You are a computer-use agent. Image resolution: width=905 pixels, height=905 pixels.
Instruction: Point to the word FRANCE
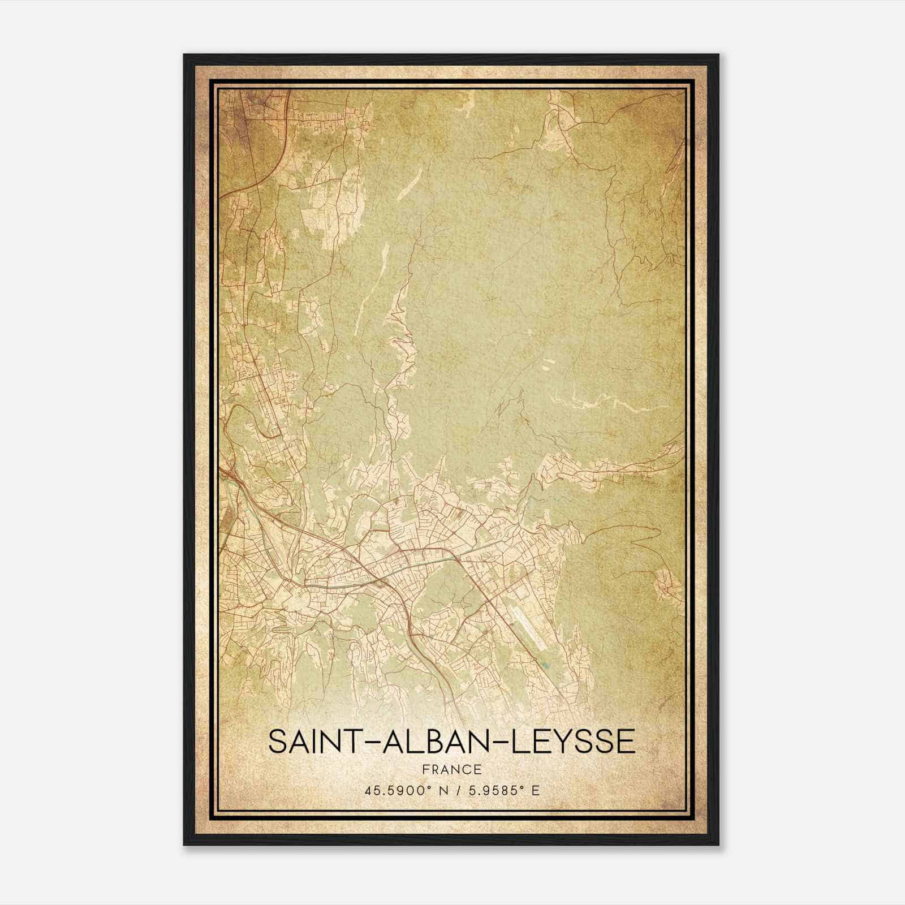coord(452,770)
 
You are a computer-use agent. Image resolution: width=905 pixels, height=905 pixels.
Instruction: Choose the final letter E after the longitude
coord(536,790)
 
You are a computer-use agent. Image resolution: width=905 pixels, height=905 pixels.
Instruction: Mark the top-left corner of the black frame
coord(184,55)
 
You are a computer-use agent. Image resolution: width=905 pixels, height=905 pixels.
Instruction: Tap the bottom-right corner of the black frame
coord(718,844)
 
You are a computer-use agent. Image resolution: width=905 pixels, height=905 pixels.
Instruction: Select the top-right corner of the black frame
coord(718,55)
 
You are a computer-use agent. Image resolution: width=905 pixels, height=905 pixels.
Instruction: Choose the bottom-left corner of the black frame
coord(184,844)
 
